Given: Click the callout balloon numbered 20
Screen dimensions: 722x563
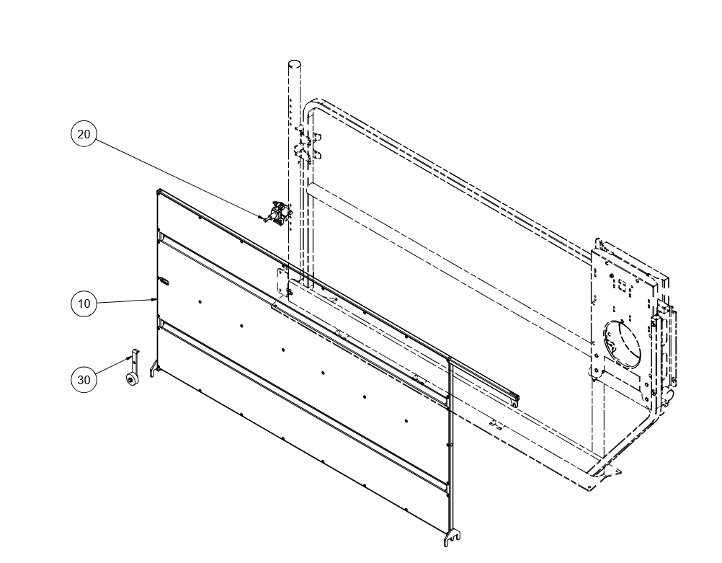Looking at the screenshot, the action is pyautogui.click(x=84, y=134).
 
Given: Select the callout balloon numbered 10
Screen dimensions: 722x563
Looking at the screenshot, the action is pyautogui.click(x=84, y=303).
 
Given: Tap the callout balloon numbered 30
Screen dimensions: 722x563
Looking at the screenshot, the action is pyautogui.click(x=84, y=380).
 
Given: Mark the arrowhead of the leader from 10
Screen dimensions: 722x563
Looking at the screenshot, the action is pyautogui.click(x=155, y=299).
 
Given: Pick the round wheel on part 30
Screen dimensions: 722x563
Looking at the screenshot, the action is pyautogui.click(x=130, y=380).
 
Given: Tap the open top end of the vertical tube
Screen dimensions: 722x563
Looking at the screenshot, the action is pyautogui.click(x=295, y=63).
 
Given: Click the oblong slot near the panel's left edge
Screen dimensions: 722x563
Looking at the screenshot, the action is pyautogui.click(x=164, y=280).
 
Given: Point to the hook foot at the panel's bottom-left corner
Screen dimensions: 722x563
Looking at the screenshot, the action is pyautogui.click(x=153, y=369).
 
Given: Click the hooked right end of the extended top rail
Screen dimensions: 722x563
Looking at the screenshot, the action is pyautogui.click(x=515, y=399).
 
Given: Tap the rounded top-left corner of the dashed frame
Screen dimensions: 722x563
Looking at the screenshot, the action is pyautogui.click(x=309, y=105).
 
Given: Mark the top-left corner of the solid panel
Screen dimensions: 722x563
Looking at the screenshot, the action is pyautogui.click(x=158, y=191).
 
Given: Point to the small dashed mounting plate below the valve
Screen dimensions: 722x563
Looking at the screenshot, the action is pyautogui.click(x=282, y=281).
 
